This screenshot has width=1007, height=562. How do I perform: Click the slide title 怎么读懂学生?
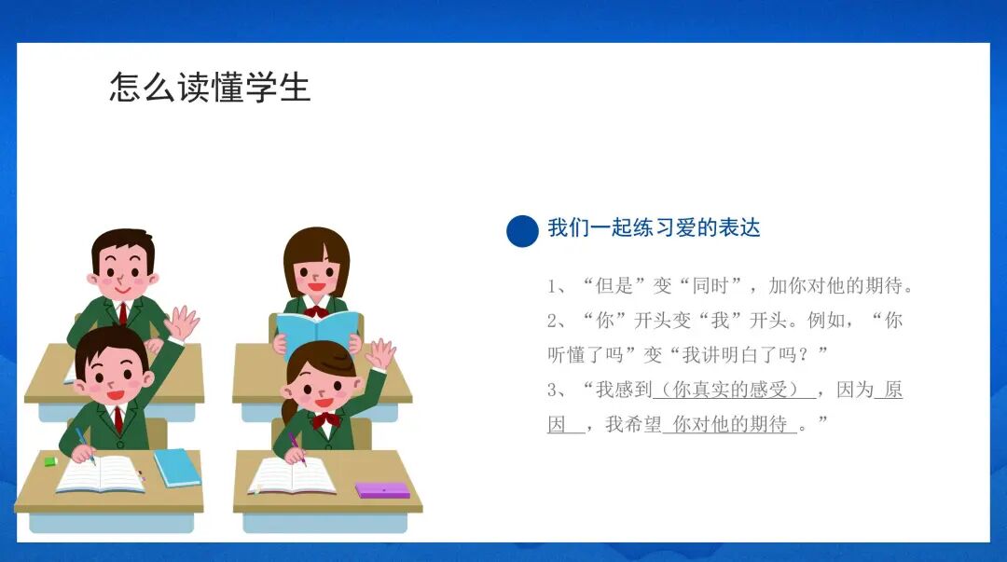coord(210,88)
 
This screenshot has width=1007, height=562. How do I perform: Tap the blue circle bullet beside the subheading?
coord(522,230)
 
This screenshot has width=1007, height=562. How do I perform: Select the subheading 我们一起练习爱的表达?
coord(654,227)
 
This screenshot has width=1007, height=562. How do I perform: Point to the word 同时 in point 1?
coord(711,286)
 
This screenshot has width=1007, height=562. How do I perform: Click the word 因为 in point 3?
coord(854,390)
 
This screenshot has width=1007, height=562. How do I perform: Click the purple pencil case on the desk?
coord(382,489)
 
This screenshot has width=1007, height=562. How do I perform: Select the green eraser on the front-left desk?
coord(50,460)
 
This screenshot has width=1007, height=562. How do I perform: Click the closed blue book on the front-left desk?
coord(177,467)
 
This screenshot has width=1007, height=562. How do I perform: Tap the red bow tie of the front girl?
coord(325,419)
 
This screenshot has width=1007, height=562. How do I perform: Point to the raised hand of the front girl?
coord(380,353)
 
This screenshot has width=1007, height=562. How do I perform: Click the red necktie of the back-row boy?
coord(122,311)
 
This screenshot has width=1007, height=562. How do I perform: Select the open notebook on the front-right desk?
coord(292,475)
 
